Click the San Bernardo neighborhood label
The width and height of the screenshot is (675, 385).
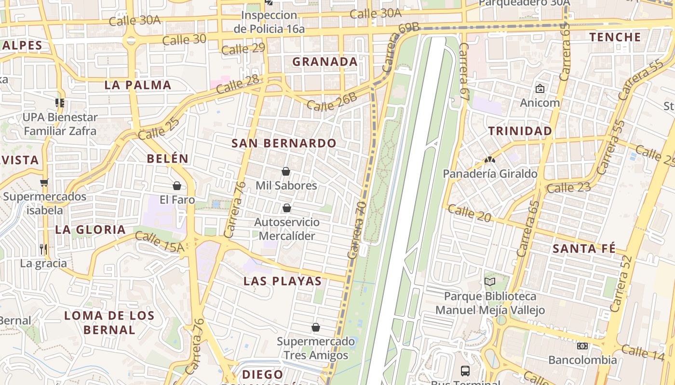[x=284, y=143]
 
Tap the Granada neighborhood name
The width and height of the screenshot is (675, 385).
[x=325, y=62]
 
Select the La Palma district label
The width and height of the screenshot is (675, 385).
[x=138, y=85]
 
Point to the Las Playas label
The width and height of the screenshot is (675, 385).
[x=283, y=281]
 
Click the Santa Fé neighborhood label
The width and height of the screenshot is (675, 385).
[x=584, y=249]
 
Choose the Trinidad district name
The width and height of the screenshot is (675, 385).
[x=520, y=131]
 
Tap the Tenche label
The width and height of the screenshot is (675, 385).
[x=615, y=37]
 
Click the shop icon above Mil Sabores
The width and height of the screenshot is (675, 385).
[x=286, y=171]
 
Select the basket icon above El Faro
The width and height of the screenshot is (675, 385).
[x=177, y=186]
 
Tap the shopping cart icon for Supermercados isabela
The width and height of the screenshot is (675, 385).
[x=44, y=182]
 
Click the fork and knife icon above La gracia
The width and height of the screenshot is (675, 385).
[x=43, y=249]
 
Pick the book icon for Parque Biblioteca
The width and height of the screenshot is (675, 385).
[x=490, y=282]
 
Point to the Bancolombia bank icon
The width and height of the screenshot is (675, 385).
[x=582, y=346]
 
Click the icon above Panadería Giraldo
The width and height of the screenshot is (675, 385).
[x=490, y=159]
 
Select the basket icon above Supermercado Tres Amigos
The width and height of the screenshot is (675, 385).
[x=316, y=327]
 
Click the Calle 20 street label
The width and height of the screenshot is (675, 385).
[x=470, y=213]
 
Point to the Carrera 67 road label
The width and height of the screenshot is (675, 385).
[x=464, y=71]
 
